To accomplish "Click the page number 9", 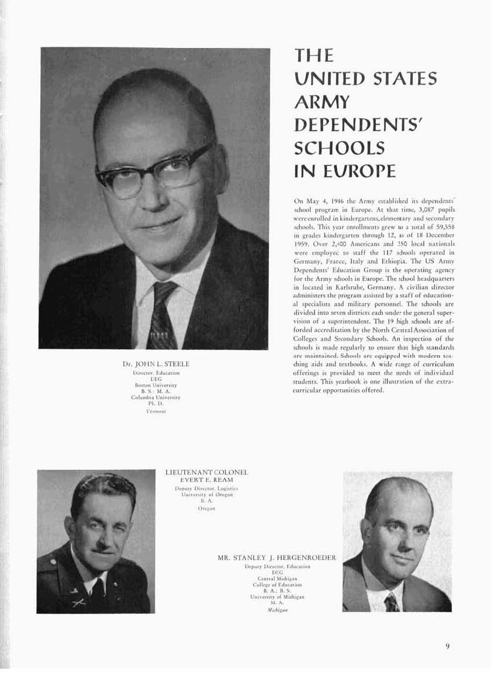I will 447,646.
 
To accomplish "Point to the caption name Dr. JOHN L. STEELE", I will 155,364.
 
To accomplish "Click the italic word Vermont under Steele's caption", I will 155,411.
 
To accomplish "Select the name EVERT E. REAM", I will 208,480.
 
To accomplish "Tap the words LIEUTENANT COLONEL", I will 208,471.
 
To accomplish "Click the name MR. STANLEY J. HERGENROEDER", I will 277,557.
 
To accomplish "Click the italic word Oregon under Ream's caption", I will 208,509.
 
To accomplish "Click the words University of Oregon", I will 208,495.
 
